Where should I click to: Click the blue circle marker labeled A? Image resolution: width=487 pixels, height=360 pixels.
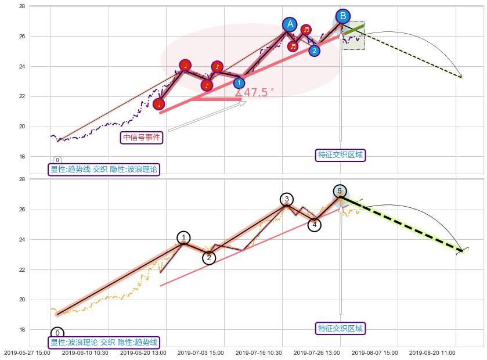click(x=290, y=24)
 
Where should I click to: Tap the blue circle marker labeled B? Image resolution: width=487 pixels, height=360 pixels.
click(x=343, y=16)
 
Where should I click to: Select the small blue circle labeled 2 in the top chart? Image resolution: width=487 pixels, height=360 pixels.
click(x=314, y=51)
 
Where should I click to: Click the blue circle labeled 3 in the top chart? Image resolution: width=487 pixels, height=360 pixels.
click(x=239, y=83)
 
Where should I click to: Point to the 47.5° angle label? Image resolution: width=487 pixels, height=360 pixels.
click(x=255, y=92)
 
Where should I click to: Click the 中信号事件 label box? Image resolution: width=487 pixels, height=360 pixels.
click(x=142, y=137)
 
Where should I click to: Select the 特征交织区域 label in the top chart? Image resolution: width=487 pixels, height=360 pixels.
click(x=341, y=154)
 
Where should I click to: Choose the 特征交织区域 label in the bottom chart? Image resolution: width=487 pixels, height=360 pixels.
click(x=341, y=328)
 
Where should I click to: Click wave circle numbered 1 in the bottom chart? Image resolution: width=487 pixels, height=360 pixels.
click(x=183, y=237)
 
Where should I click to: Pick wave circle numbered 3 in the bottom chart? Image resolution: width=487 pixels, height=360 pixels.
click(x=286, y=200)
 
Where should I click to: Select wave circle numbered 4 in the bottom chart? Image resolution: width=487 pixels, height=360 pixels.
click(x=314, y=224)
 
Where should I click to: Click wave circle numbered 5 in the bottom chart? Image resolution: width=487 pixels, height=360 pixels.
click(x=340, y=191)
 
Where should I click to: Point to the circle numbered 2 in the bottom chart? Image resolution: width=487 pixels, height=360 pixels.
click(x=210, y=258)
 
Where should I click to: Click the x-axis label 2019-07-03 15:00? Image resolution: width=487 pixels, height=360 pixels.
click(x=201, y=352)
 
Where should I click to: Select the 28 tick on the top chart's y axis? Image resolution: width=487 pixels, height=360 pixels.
click(x=21, y=6)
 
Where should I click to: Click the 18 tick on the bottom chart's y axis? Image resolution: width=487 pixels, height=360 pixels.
click(x=21, y=330)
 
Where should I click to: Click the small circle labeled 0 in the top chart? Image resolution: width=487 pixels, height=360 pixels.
click(x=57, y=160)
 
